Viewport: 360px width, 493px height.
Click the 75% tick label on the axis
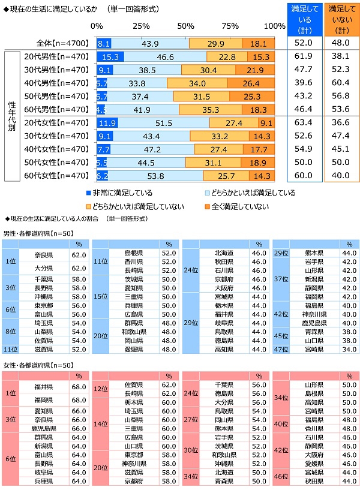[230, 26]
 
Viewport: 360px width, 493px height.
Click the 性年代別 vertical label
[11, 116]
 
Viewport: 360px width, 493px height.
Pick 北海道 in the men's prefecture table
[224, 253]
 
